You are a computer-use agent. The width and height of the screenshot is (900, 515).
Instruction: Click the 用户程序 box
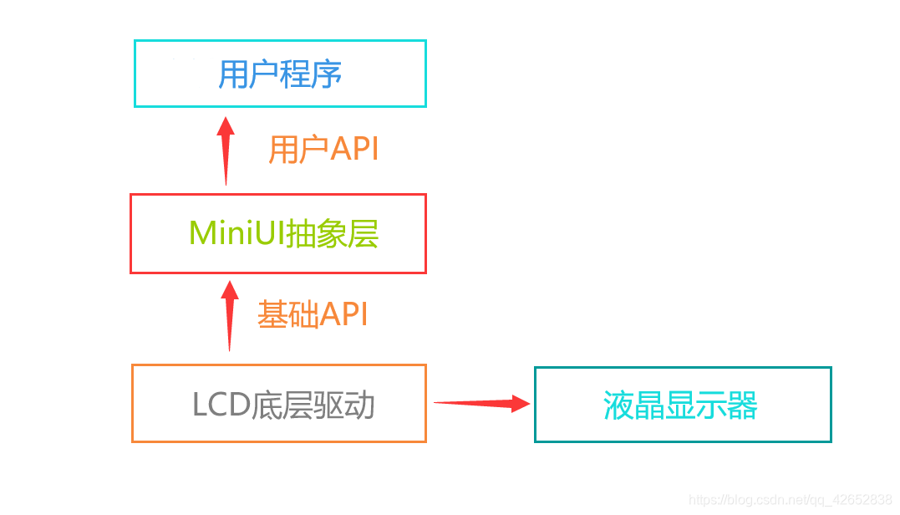coord(280,74)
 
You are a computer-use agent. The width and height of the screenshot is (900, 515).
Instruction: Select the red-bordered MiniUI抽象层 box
coord(278,233)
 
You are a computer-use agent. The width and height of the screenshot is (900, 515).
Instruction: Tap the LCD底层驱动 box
coord(279,403)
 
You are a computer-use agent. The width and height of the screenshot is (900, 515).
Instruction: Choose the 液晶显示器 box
coord(683,405)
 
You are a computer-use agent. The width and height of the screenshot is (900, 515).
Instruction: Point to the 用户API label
coord(323,150)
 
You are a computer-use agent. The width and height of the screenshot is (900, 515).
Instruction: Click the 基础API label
coord(313,314)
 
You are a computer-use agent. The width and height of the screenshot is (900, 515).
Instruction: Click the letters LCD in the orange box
coord(221,405)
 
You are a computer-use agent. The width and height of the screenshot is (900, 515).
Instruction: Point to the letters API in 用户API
coord(354,150)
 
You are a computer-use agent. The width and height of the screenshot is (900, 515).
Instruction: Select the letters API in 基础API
coord(343,314)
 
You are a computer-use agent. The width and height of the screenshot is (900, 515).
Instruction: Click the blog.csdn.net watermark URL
coord(790,500)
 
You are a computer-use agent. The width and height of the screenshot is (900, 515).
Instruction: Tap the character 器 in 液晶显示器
coord(742,406)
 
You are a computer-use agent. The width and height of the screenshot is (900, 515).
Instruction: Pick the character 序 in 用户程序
coord(327,74)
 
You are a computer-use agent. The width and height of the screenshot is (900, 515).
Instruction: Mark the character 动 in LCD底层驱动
coord(359,405)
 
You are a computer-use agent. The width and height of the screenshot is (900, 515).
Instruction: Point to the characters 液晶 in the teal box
coord(633,406)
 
